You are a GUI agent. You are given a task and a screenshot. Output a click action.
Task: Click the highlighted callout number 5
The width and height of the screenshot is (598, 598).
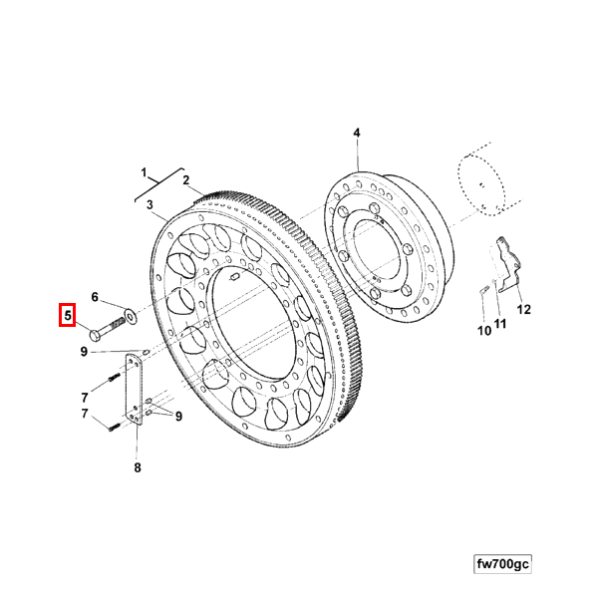tap(68, 315)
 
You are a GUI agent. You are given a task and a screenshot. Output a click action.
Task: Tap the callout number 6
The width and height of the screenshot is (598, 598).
tap(95, 297)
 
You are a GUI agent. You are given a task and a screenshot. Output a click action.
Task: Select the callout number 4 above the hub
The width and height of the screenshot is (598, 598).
tap(357, 133)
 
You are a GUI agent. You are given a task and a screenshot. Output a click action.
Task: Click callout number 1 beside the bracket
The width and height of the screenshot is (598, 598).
tap(144, 172)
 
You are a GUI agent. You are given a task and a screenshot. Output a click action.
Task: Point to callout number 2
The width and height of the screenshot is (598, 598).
tap(185, 180)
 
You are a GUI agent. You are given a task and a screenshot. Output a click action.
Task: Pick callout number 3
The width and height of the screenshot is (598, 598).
tap(149, 204)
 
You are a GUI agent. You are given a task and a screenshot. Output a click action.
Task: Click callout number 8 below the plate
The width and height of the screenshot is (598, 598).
tap(138, 467)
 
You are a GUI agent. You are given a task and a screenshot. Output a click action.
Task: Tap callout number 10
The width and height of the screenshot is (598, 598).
tap(484, 331)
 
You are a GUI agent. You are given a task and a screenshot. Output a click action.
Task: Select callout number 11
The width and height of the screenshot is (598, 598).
tap(500, 324)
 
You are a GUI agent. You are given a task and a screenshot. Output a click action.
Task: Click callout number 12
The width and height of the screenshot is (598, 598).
tap(524, 309)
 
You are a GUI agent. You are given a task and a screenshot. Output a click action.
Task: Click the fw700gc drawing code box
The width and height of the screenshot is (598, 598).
tap(502, 564)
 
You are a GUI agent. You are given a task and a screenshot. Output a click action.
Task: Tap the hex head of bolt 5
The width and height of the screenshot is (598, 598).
tap(95, 336)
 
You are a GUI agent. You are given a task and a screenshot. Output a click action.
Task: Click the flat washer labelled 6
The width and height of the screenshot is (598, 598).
tap(130, 316)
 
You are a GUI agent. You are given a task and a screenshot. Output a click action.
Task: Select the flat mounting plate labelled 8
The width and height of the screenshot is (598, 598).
tap(135, 390)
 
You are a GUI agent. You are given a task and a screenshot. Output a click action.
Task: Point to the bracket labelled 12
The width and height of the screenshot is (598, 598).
tap(508, 264)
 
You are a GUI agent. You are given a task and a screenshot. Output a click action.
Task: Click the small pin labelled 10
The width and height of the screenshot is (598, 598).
tap(484, 290)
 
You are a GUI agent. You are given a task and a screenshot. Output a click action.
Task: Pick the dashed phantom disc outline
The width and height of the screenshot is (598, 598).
tap(481, 185)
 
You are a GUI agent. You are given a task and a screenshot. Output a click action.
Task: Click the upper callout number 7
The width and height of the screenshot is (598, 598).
tap(85, 398)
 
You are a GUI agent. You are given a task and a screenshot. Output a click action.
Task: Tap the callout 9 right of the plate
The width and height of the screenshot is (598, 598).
tap(178, 417)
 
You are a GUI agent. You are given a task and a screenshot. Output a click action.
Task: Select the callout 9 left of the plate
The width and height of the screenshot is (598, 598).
tap(84, 352)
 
